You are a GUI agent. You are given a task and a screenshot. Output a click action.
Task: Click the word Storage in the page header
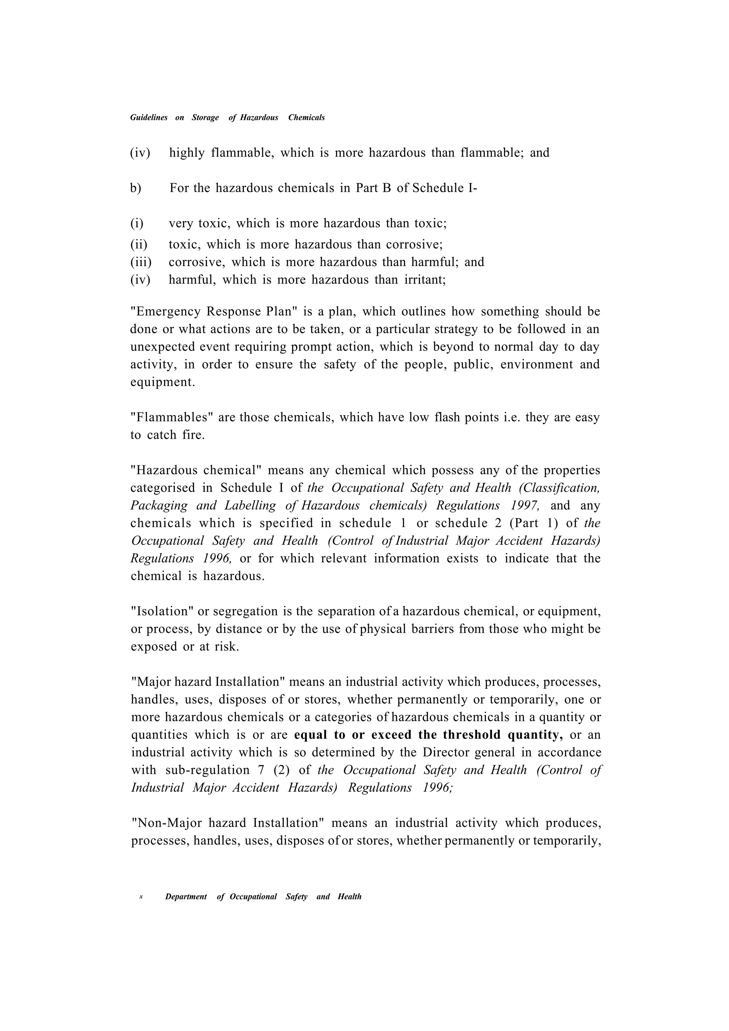click(205, 118)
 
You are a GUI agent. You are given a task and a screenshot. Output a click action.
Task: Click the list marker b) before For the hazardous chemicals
click(136, 188)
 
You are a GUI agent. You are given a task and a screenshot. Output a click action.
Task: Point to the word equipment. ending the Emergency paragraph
click(163, 382)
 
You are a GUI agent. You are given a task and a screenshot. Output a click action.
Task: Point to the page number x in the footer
click(141, 897)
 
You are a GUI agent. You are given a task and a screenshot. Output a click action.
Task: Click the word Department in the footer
click(186, 897)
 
